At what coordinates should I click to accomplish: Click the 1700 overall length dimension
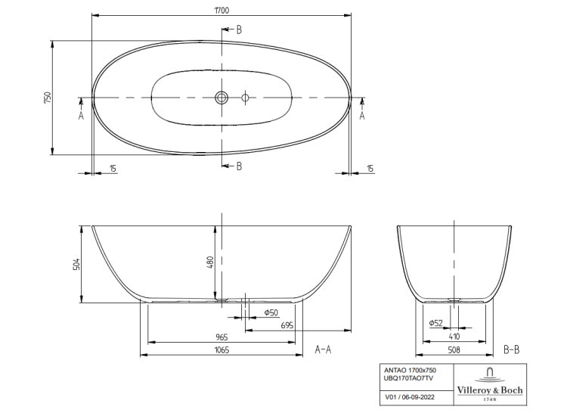click(222, 10)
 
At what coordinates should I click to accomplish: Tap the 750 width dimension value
click(48, 98)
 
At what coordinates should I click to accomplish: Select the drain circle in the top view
click(222, 98)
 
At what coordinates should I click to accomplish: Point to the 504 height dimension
click(76, 264)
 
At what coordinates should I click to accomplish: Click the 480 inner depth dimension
click(210, 262)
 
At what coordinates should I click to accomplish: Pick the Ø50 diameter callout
click(271, 312)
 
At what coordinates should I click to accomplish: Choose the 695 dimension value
click(287, 325)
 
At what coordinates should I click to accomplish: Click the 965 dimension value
click(222, 337)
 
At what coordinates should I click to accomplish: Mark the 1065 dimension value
click(222, 349)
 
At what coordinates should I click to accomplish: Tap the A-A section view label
click(323, 349)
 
